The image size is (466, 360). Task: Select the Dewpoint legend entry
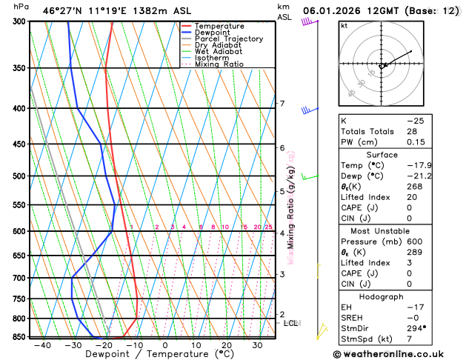pos(214,33)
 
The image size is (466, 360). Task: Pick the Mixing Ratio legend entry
pos(219,64)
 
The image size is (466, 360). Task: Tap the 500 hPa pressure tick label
pos(14,176)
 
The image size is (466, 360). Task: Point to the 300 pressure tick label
pos(14,21)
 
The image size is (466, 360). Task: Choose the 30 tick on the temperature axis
pos(258,345)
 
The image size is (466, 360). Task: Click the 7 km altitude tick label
pos(282,104)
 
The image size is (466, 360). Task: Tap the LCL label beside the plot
pos(290,323)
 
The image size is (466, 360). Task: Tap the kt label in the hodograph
pos(344,26)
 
